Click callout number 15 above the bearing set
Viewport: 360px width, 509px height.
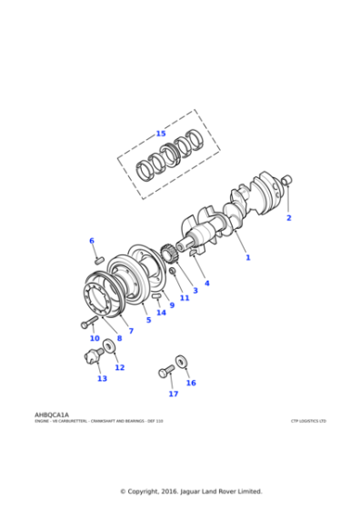(161, 134)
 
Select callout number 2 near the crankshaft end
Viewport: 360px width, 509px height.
(289, 218)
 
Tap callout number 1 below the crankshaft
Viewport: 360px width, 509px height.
(247, 257)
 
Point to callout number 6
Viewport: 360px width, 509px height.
(91, 241)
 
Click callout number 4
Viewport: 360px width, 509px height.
(206, 283)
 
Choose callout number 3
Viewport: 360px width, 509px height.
(195, 290)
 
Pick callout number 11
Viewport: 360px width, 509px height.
(185, 297)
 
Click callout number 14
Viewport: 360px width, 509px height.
(161, 313)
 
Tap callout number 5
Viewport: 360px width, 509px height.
(148, 320)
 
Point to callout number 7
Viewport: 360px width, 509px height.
(131, 331)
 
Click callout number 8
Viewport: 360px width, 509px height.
(119, 338)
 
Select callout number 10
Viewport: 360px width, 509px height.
(95, 338)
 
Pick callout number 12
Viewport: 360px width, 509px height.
(119, 368)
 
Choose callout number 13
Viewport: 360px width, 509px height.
(102, 379)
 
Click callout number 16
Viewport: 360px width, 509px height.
(191, 383)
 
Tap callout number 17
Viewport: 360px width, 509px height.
(173, 394)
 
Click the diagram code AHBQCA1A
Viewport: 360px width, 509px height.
(51, 414)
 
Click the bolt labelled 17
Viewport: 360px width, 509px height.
(165, 371)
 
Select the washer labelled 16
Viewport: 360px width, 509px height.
(182, 362)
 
